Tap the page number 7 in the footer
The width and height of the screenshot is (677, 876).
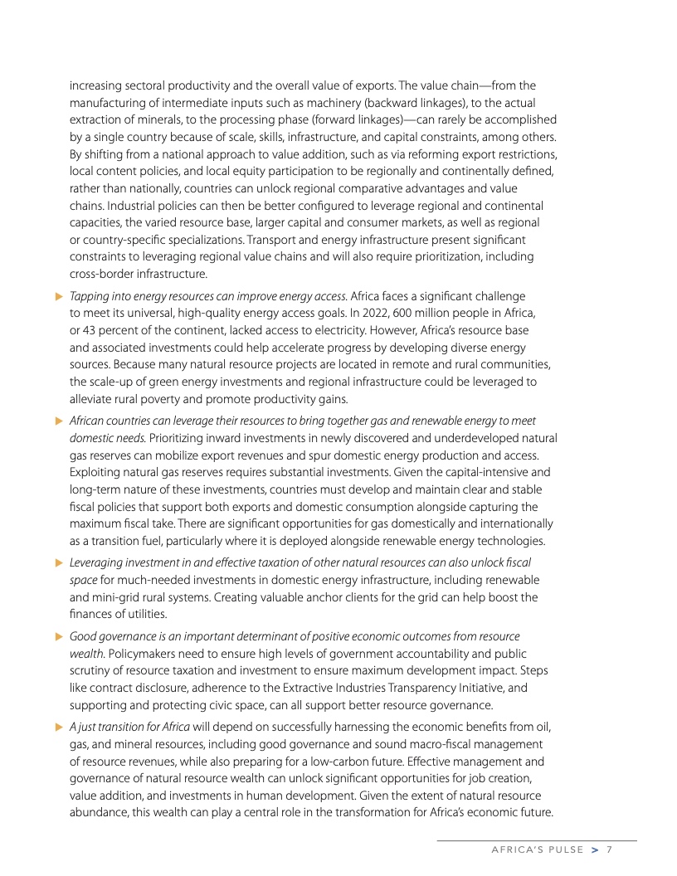(x=609, y=849)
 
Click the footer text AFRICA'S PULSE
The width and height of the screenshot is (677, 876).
(x=538, y=849)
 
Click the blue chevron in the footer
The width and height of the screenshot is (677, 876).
(x=594, y=849)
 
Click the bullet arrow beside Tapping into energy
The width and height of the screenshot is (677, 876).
(x=58, y=295)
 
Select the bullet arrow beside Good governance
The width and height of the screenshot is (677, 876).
(x=58, y=636)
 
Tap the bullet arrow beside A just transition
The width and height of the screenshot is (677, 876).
(x=58, y=728)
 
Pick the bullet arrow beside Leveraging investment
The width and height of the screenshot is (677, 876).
(x=58, y=562)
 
